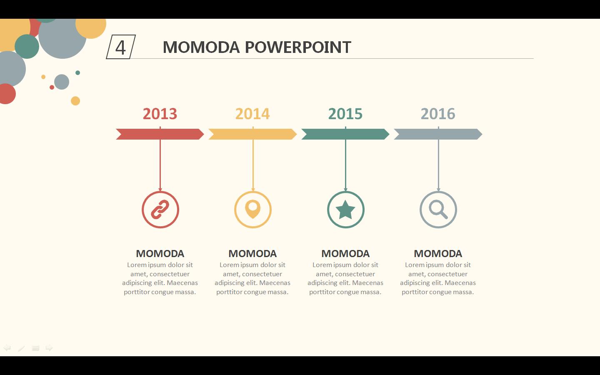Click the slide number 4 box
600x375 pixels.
[x=121, y=47]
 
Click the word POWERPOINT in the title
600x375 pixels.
[x=298, y=47]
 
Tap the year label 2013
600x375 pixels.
[x=160, y=114]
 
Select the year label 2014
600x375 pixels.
[x=252, y=114]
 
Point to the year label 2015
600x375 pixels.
[x=345, y=114]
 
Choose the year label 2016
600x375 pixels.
[x=438, y=114]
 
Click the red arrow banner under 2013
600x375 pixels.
[x=160, y=134]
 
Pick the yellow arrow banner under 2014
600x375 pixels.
[x=252, y=134]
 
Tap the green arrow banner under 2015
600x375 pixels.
[x=345, y=134]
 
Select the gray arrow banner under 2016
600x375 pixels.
[x=438, y=134]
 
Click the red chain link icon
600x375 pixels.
[x=160, y=210]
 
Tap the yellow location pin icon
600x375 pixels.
[x=253, y=209]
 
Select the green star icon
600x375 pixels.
[x=345, y=210]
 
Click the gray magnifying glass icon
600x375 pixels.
[x=438, y=210]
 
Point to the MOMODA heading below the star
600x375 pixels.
[x=345, y=254]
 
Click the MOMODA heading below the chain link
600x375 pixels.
[x=160, y=254]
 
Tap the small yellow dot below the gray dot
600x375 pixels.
[x=75, y=101]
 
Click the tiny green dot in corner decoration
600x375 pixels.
[x=77, y=72]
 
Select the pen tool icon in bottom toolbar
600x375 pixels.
[x=21, y=348]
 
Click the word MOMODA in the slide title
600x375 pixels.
[x=201, y=47]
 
